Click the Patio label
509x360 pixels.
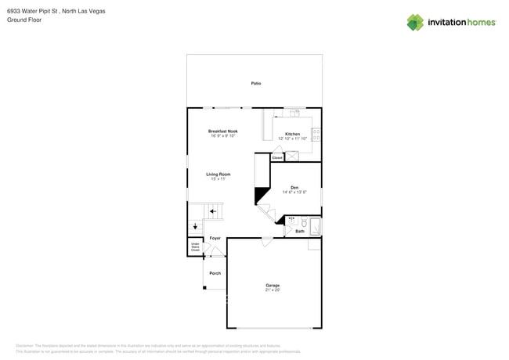[x=256, y=83]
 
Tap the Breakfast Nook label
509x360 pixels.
[x=223, y=131]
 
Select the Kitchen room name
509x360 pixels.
[x=292, y=134]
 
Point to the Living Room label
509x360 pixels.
[x=218, y=174]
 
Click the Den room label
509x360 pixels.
[x=294, y=187]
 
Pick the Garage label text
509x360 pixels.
[x=273, y=285]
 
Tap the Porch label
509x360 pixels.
[x=215, y=273]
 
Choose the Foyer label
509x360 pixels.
[x=215, y=238]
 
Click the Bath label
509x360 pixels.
[x=300, y=231]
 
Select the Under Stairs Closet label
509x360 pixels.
[x=196, y=247]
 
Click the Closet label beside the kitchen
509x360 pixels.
[x=277, y=157]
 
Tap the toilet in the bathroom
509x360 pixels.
[x=304, y=222]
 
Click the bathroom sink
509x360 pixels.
[x=291, y=222]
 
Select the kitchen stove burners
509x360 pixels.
[x=316, y=133]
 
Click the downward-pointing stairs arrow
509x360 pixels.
[x=195, y=226]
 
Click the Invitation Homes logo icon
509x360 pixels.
[x=415, y=22]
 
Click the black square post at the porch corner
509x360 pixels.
[x=204, y=287]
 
